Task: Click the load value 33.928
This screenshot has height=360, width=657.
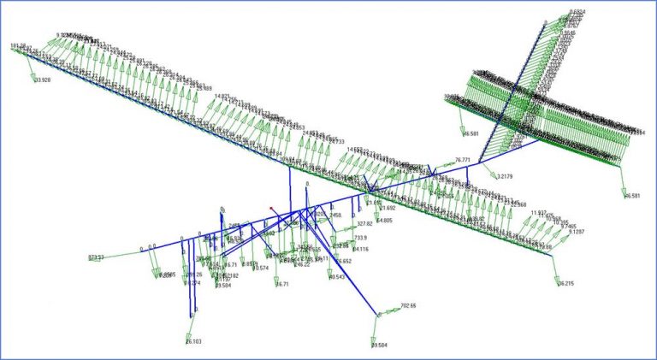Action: click(42, 80)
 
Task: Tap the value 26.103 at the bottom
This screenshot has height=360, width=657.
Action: click(193, 342)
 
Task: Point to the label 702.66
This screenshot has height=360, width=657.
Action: click(408, 305)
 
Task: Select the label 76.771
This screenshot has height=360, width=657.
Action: click(463, 160)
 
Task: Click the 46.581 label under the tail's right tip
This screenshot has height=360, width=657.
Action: click(632, 196)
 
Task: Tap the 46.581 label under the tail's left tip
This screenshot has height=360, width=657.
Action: click(471, 133)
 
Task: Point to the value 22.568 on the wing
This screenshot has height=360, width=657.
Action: click(518, 205)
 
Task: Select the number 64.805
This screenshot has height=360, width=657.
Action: click(383, 221)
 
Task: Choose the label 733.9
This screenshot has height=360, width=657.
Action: click(360, 238)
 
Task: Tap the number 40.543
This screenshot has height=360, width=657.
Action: click(336, 277)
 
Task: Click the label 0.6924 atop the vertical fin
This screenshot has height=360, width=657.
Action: click(578, 12)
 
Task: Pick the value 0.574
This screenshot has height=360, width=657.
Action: click(259, 269)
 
